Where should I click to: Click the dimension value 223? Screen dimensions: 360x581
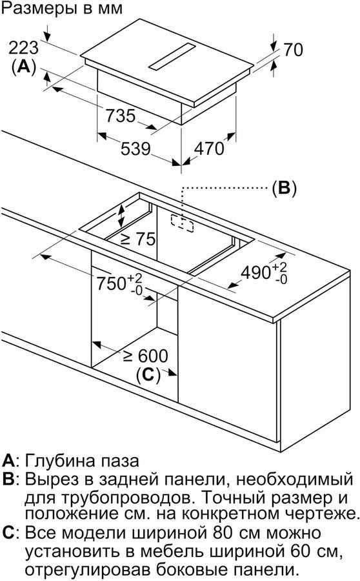point(23,48)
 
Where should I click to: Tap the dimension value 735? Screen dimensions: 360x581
point(121,116)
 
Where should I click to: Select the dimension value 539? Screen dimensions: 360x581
point(135,148)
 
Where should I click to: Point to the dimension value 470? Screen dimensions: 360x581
point(209,148)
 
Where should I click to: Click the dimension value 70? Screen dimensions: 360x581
point(294,50)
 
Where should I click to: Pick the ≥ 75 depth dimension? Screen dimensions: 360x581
point(138,240)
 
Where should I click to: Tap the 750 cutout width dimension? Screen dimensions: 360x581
point(119,284)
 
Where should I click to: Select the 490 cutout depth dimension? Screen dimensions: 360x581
point(264,273)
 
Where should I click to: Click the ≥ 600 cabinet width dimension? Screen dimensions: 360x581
point(146,356)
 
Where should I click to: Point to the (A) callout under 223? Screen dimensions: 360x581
point(23,66)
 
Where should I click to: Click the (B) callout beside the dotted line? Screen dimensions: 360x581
point(284,189)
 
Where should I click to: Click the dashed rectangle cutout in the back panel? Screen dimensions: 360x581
point(182,223)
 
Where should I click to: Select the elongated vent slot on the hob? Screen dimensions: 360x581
point(172,56)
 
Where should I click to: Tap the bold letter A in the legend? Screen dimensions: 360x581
point(8,461)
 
